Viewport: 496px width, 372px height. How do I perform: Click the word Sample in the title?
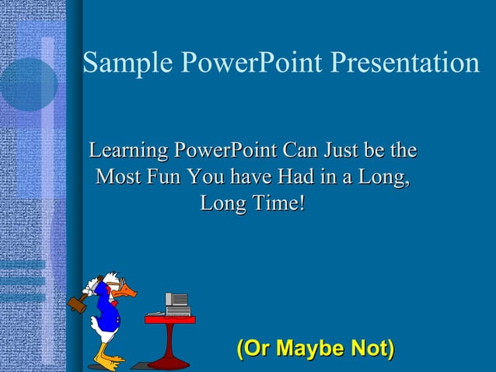tap(117, 63)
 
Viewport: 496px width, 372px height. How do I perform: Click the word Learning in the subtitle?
tap(129, 149)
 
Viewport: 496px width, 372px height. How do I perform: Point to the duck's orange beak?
tap(127, 292)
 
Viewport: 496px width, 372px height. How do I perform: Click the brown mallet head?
tap(77, 304)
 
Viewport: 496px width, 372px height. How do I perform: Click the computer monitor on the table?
tap(177, 300)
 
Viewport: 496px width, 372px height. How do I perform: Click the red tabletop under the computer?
tap(169, 319)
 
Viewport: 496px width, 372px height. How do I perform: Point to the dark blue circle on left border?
tap(28, 84)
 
